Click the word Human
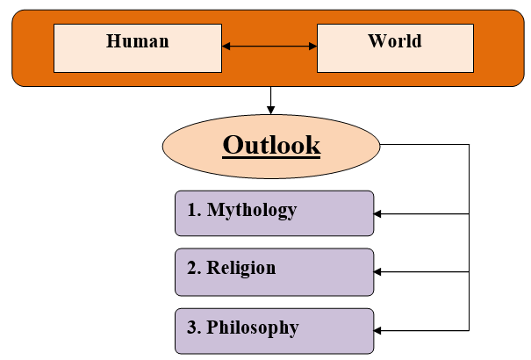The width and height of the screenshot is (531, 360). pyautogui.click(x=137, y=41)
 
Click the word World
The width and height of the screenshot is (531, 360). pyautogui.click(x=394, y=41)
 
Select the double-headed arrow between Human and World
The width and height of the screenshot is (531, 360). pyautogui.click(x=269, y=47)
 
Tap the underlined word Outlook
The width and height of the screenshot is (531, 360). pyautogui.click(x=271, y=145)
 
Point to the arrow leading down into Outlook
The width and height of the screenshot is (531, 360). pyautogui.click(x=271, y=97)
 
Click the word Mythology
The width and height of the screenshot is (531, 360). pyautogui.click(x=252, y=211)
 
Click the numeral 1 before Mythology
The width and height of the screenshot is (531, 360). pyautogui.click(x=193, y=211)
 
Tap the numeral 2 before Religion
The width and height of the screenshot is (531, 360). pyautogui.click(x=193, y=269)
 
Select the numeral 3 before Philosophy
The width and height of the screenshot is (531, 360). pyautogui.click(x=193, y=328)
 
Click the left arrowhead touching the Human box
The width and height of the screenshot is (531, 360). pyautogui.click(x=226, y=47)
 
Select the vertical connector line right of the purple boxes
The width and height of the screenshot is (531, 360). pyautogui.click(x=470, y=246)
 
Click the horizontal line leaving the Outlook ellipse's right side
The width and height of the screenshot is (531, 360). pyautogui.click(x=426, y=145)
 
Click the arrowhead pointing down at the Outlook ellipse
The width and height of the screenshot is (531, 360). pyautogui.click(x=271, y=110)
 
